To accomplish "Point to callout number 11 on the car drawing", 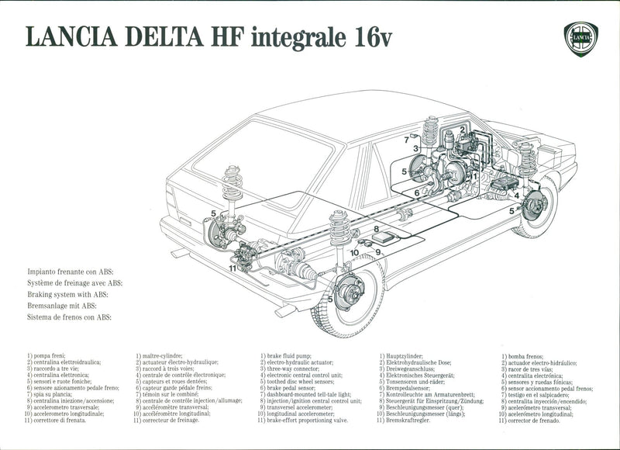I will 232,268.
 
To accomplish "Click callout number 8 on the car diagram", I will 376,229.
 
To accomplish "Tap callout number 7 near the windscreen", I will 405,140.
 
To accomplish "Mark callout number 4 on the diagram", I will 517,196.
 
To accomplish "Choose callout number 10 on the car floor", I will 353,252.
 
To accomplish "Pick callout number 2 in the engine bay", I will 462,130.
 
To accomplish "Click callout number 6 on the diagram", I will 416,193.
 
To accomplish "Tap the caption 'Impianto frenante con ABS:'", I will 70,273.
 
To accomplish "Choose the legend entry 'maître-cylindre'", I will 164,355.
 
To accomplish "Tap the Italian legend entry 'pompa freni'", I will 49,355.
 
